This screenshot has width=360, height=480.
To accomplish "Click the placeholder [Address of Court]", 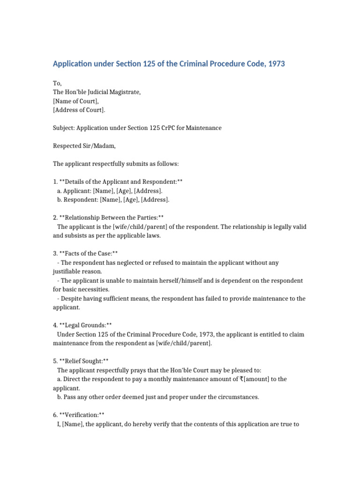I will [x=79, y=110].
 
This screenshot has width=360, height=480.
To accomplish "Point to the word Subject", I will [x=63, y=127].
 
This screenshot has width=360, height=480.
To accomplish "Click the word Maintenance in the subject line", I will [x=202, y=127].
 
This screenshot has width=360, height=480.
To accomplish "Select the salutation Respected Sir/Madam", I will [x=83, y=146].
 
